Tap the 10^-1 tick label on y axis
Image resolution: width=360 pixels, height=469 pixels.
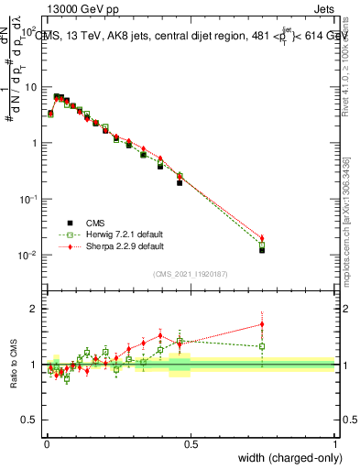28,199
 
